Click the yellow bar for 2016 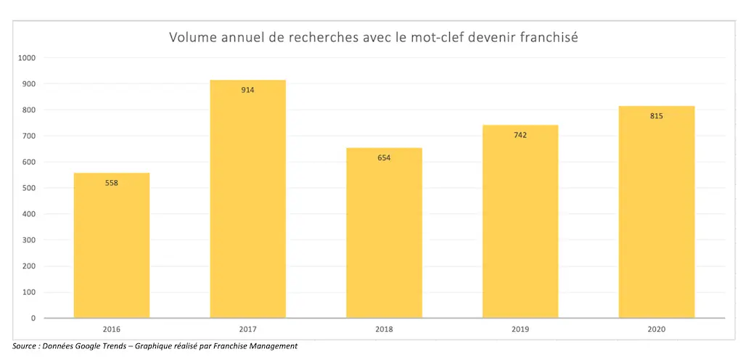[x=112, y=247]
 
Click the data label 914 [x=248, y=90]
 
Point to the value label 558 [x=112, y=183]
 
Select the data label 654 [x=384, y=157]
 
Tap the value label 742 [x=520, y=135]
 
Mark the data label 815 [x=657, y=116]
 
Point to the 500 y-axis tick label [x=28, y=188]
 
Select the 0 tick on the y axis [x=33, y=318]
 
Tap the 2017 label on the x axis [x=248, y=329]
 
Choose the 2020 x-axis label [x=657, y=329]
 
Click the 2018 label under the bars [x=384, y=329]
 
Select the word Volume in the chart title [x=192, y=37]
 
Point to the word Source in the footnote [x=26, y=346]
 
